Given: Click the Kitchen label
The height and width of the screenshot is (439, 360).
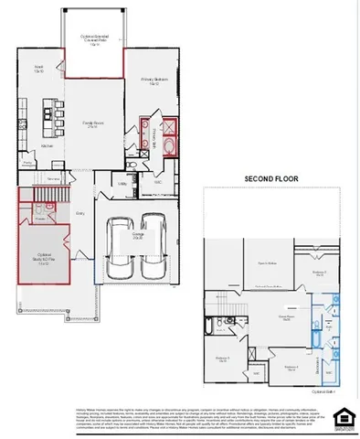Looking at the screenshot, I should pyautogui.click(x=47, y=145).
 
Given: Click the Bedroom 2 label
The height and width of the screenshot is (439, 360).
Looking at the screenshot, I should pyautogui.click(x=319, y=272).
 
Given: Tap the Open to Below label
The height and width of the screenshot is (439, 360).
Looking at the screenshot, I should pyautogui.click(x=267, y=262).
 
